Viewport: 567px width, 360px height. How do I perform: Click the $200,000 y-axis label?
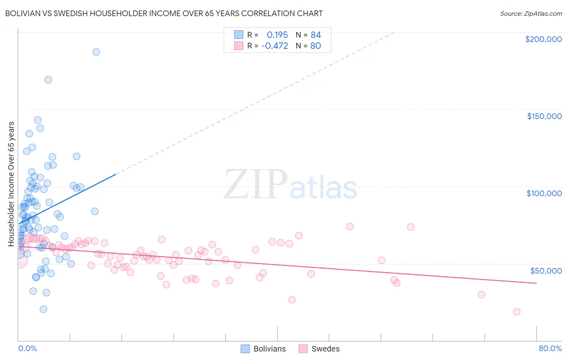[543, 39]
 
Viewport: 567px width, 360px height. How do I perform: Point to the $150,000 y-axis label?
[544, 116]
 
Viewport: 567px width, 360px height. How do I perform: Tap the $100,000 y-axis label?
[544, 193]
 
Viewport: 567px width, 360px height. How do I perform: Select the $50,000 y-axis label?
[546, 271]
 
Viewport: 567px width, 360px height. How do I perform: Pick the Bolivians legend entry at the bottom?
[263, 349]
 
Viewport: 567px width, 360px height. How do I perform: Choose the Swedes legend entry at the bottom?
[319, 349]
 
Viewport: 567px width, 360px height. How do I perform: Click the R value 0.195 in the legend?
[277, 35]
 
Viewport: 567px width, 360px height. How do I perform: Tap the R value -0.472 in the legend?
[275, 46]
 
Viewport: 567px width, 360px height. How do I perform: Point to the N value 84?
[316, 35]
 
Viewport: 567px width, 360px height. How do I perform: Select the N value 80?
[316, 46]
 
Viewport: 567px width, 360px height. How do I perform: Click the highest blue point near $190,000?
[96, 52]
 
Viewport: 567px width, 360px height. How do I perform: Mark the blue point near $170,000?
[48, 80]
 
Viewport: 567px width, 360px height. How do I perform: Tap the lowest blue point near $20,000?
[43, 309]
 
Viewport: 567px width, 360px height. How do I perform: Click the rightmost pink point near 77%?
[517, 312]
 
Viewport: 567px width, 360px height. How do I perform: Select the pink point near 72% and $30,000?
[481, 295]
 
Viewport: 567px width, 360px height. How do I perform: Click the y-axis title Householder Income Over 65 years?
[11, 184]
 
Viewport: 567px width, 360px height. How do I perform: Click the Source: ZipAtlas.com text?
[531, 14]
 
